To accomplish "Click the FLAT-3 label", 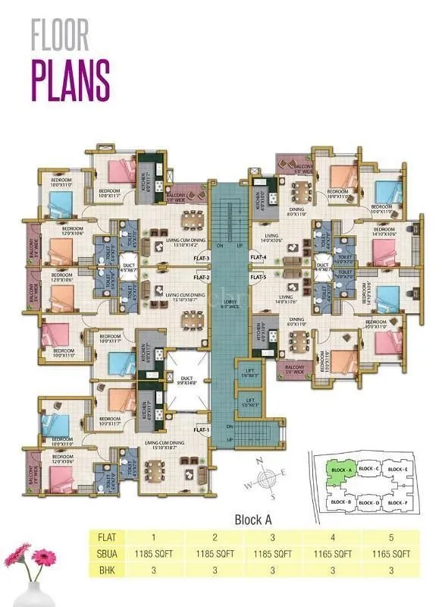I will coord(201,259).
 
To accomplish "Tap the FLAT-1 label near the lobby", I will coord(201,430).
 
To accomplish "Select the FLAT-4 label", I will coord(259,259).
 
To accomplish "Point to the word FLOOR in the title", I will coord(61,36).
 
